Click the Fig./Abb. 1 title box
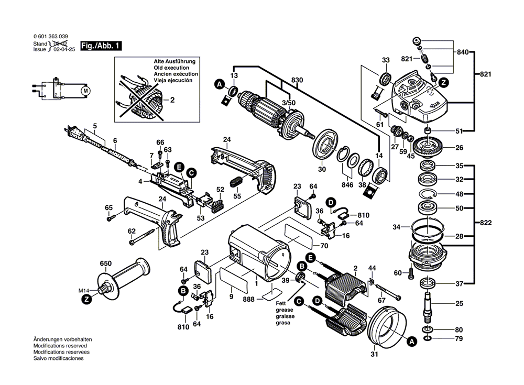point(101,46)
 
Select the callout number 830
point(297,80)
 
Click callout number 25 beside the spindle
point(459,303)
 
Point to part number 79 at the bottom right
point(459,340)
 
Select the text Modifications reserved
point(60,346)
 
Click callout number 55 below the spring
point(237,196)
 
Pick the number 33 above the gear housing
point(386,60)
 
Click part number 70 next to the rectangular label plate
point(324,245)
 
